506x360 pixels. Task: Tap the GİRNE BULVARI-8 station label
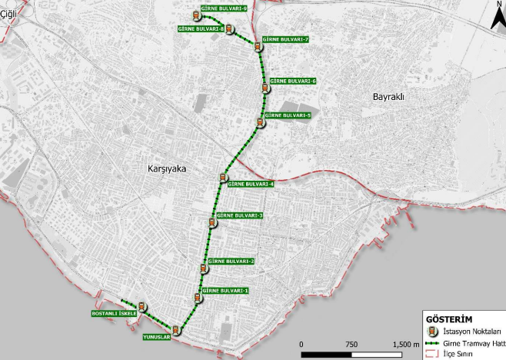(201, 29)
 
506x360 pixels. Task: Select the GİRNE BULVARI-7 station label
(285, 39)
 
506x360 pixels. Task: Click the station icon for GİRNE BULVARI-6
(265, 86)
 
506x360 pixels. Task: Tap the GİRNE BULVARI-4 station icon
(222, 178)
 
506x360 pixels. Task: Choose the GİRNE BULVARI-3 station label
(240, 215)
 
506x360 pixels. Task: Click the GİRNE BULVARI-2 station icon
(204, 268)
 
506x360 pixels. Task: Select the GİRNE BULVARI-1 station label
(225, 290)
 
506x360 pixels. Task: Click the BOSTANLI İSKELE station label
(114, 314)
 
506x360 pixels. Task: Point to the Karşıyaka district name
(167, 168)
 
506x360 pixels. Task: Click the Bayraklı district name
(388, 98)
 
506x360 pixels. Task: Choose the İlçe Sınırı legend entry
(461, 353)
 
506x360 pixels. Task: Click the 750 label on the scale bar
(351, 344)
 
